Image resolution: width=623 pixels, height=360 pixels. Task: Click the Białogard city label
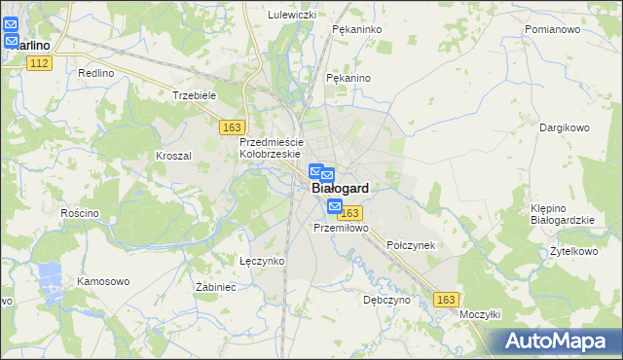(x=340, y=191)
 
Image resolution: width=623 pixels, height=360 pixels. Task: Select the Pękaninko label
(x=355, y=30)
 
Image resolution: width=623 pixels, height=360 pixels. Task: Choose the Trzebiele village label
(x=193, y=95)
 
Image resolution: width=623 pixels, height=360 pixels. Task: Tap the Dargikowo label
(x=565, y=127)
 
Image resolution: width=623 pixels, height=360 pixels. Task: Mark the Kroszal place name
(x=173, y=156)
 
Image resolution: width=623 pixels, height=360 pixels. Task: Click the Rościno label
(x=80, y=213)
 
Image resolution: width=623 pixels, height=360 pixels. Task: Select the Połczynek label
(x=411, y=245)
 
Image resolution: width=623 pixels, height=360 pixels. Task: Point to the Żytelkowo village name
(x=573, y=251)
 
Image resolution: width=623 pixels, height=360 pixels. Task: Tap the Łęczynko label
(x=261, y=261)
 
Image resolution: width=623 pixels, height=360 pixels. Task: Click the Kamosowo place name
(x=103, y=281)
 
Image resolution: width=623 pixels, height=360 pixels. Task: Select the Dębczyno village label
(x=386, y=301)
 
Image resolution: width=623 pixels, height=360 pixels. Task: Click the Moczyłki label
(x=480, y=315)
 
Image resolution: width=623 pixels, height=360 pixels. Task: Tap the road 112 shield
(x=39, y=63)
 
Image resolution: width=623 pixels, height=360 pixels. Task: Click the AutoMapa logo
(x=558, y=341)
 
